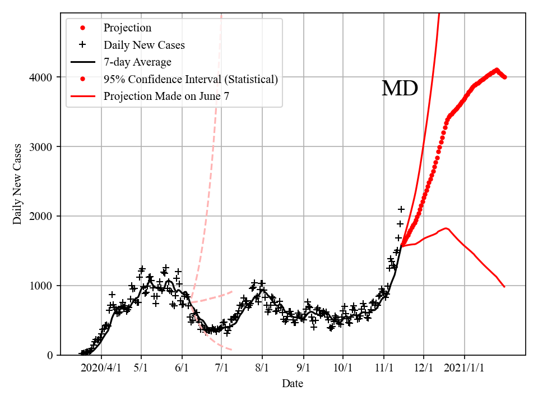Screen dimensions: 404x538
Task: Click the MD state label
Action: pos(400,89)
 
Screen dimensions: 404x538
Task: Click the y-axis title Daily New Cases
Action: pos(18,184)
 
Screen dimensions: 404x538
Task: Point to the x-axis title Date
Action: pos(293,384)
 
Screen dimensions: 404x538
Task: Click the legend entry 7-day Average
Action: pos(137,62)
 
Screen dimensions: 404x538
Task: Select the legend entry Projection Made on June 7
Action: pos(166,96)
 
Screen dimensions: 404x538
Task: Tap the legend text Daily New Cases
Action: pos(144,45)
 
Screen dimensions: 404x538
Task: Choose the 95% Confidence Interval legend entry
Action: pos(191,79)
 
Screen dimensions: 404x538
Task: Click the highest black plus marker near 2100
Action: pos(401,209)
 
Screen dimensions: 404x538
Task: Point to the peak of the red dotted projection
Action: pos(497,70)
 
